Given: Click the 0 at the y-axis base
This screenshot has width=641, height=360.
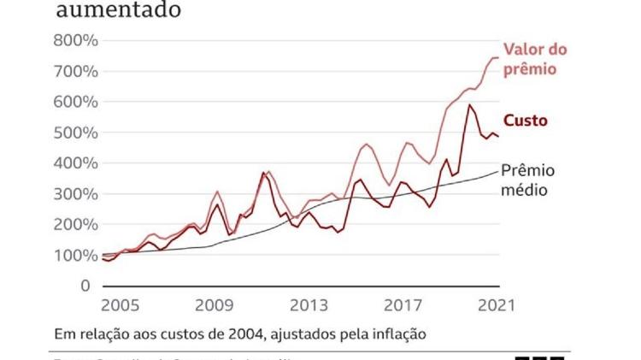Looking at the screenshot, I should coord(85,286).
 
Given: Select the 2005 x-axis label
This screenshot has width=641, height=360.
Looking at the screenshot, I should coord(121,306).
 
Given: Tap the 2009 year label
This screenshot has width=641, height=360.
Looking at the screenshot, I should coord(215,306).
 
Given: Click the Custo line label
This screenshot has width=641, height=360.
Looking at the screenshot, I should coord(526,121).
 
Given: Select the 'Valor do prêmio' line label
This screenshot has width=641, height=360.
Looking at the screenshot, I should coord(535,59).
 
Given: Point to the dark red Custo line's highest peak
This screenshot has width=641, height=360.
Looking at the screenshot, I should coord(469,105).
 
